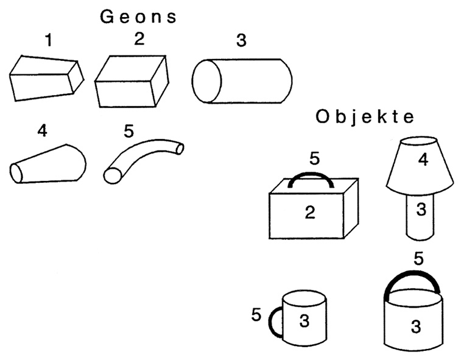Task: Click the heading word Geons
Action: click(138, 16)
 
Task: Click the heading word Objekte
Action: click(365, 117)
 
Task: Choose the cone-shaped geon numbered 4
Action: click(48, 164)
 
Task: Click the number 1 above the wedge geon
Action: click(49, 41)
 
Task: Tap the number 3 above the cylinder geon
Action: click(241, 42)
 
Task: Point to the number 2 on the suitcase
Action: click(310, 213)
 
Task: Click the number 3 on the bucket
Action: click(416, 327)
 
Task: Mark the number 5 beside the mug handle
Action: click(256, 315)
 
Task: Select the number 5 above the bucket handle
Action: click(418, 258)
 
